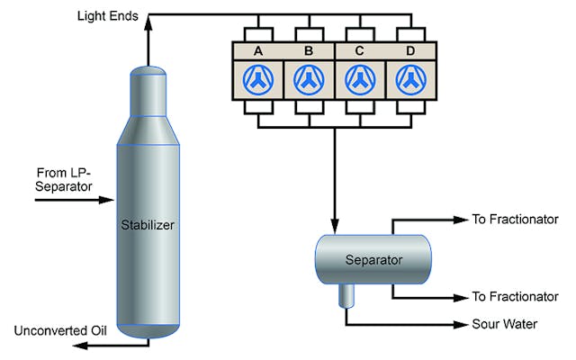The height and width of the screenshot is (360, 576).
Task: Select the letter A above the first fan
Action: [258, 51]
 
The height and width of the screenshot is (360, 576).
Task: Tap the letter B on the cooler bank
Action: [309, 51]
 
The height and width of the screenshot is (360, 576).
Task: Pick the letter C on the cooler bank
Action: [359, 51]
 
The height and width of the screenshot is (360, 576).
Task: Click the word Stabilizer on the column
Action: [147, 225]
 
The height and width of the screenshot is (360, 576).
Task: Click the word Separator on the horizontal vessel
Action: [373, 260]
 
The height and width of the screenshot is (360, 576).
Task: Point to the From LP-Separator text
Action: [66, 178]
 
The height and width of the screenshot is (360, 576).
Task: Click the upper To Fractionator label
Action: [516, 220]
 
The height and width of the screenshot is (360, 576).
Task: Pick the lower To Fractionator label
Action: [516, 296]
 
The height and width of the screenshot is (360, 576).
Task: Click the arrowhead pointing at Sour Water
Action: [463, 325]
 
